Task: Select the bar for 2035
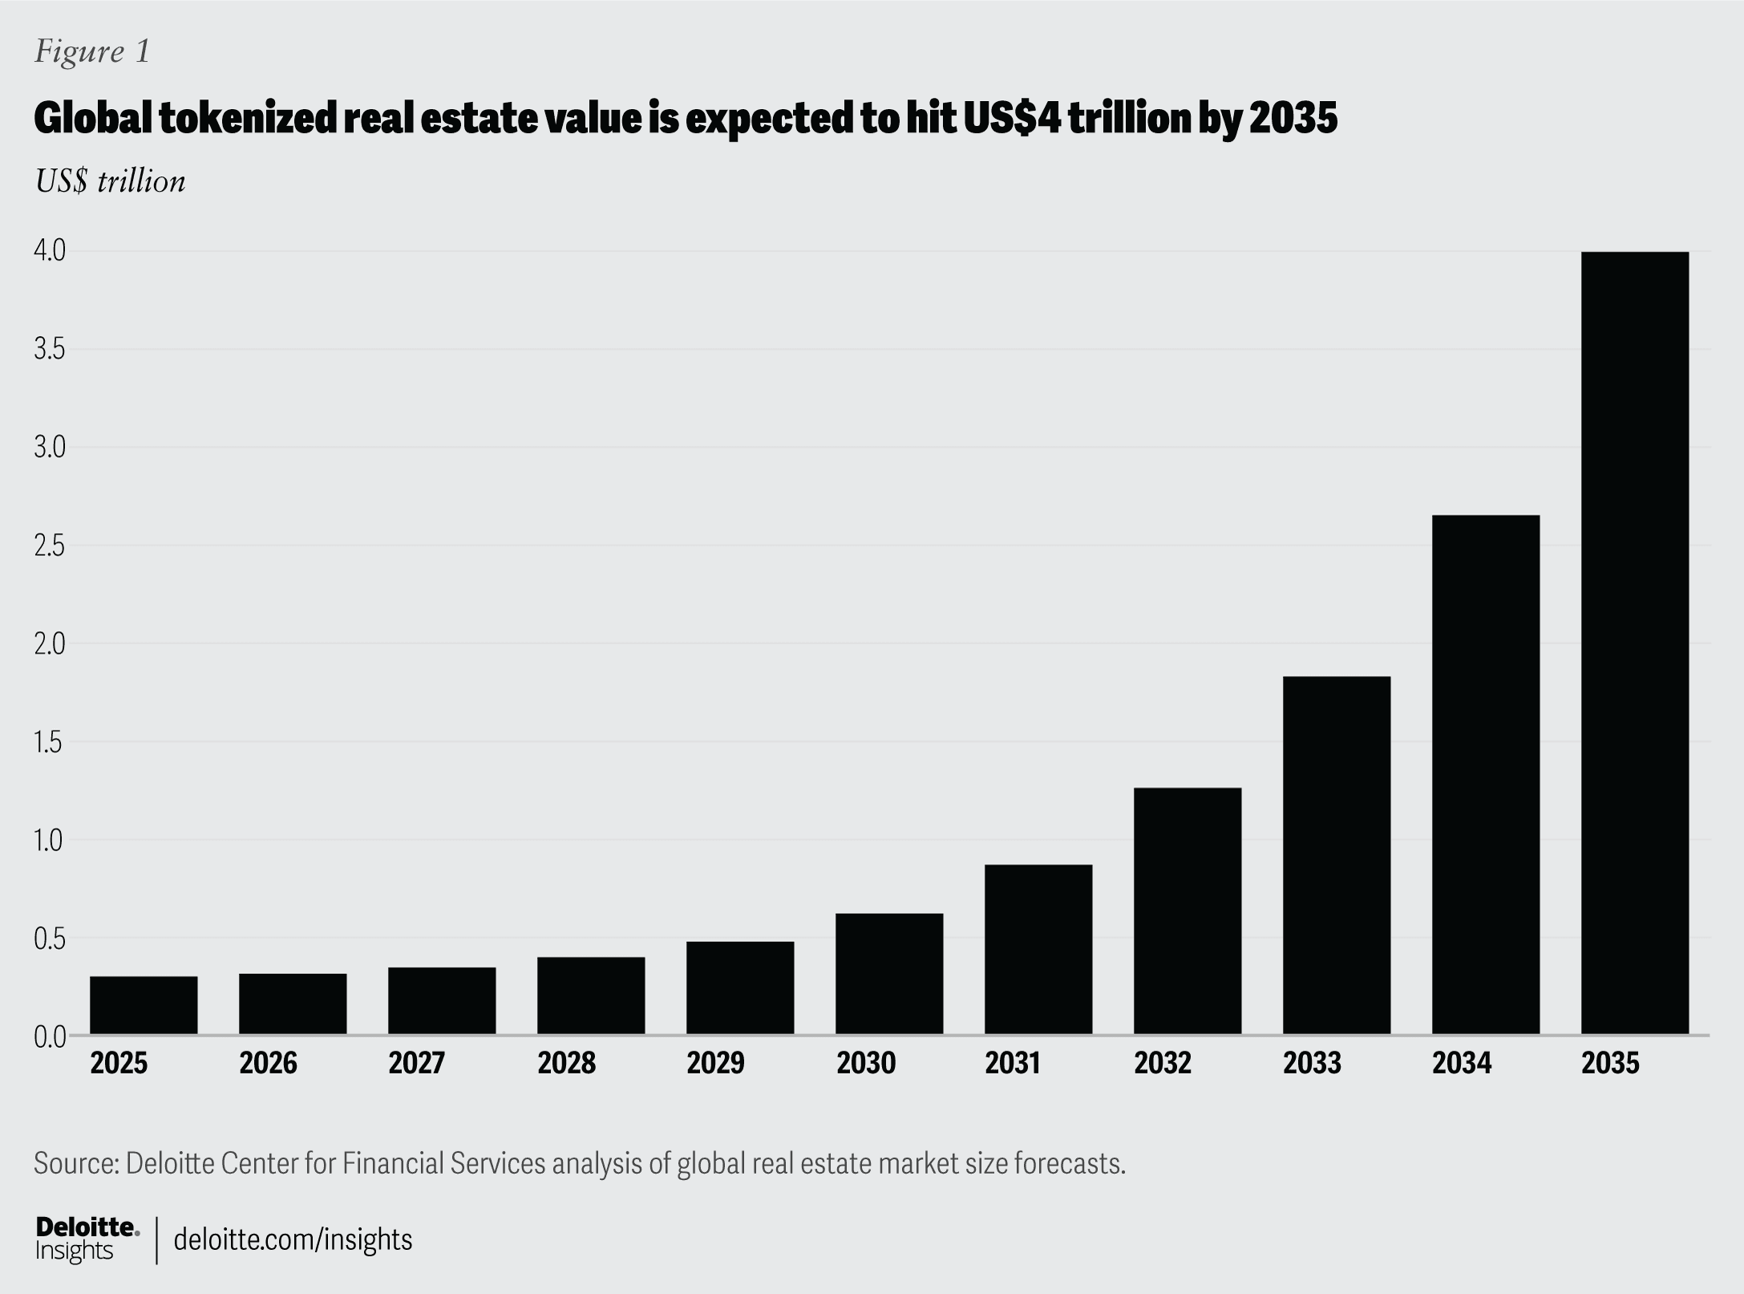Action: pyautogui.click(x=1634, y=643)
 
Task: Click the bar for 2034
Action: pyautogui.click(x=1485, y=774)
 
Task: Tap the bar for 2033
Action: pyautogui.click(x=1336, y=855)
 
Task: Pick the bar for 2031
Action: pyautogui.click(x=1038, y=949)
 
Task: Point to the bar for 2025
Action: pyautogui.click(x=144, y=1005)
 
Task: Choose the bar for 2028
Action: pyautogui.click(x=591, y=996)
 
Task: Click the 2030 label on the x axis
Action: pyautogui.click(x=866, y=1064)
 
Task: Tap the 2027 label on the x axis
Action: pyautogui.click(x=417, y=1064)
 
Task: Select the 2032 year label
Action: pyautogui.click(x=1163, y=1064)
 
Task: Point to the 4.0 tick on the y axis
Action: pyautogui.click(x=49, y=251)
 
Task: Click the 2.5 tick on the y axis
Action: pyautogui.click(x=49, y=546)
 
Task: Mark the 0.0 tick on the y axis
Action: pyautogui.click(x=49, y=1036)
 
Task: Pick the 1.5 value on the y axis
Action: pyautogui.click(x=49, y=743)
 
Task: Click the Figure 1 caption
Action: pyautogui.click(x=92, y=51)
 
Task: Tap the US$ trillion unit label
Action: pyautogui.click(x=110, y=181)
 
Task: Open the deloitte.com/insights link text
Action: pyautogui.click(x=293, y=1239)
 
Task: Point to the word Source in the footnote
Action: pyautogui.click(x=76, y=1162)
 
